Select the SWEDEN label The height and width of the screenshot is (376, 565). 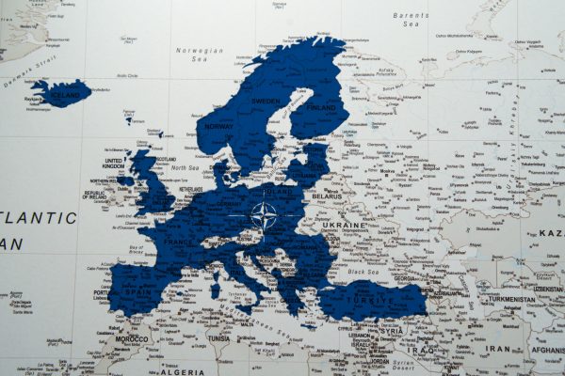[266, 101]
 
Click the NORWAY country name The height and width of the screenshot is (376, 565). [218, 126]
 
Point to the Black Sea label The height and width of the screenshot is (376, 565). [361, 271]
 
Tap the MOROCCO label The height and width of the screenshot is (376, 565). [132, 338]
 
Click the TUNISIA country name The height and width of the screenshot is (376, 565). [218, 338]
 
